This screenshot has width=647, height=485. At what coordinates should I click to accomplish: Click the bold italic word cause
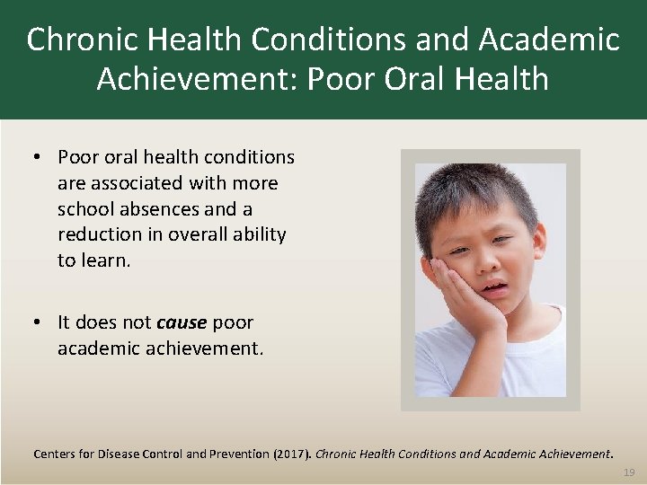(182, 322)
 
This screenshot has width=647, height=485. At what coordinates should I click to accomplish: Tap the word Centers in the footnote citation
(56, 454)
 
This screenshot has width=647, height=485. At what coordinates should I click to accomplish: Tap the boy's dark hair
(476, 193)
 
